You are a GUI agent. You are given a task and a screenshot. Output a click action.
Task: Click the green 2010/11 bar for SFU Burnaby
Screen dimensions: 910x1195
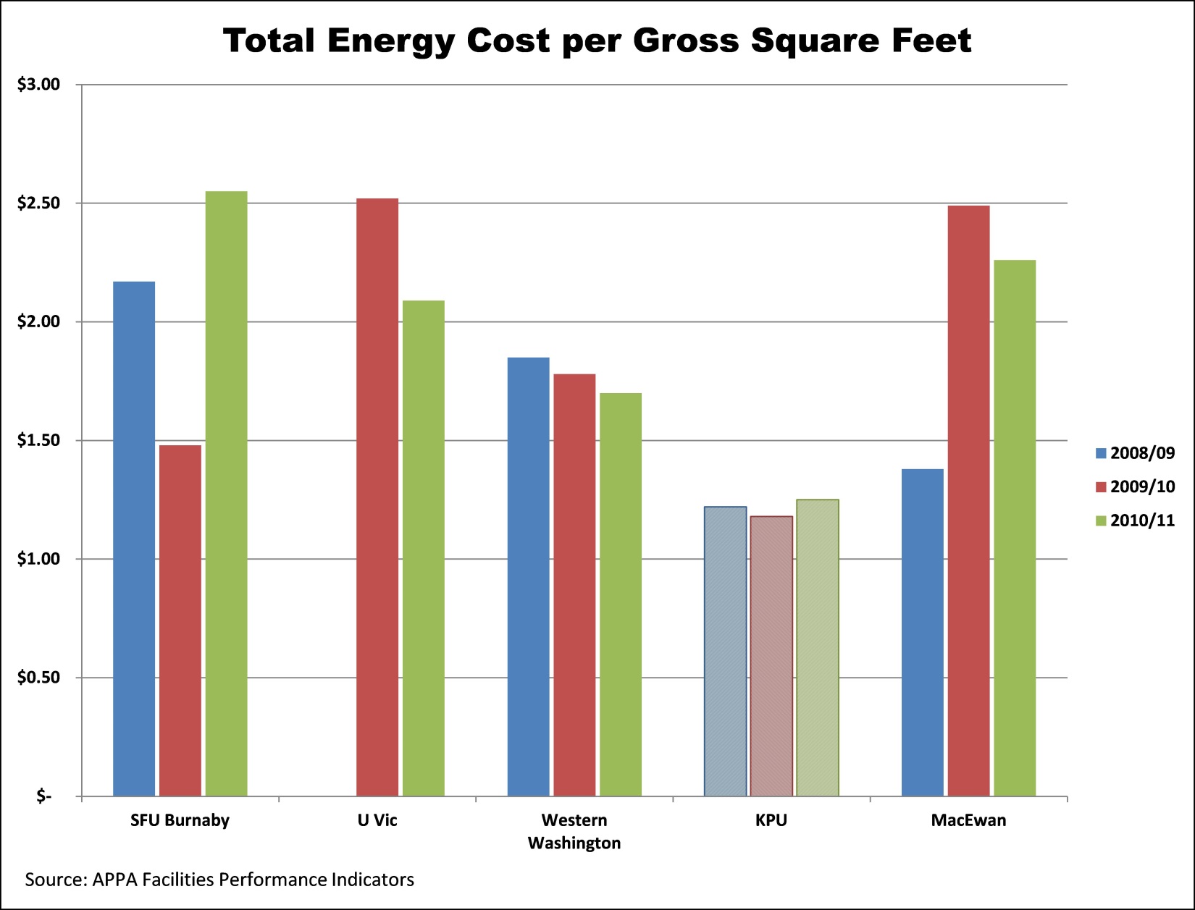[226, 494]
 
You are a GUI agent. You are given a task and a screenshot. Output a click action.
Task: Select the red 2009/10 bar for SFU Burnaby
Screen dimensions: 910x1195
[180, 620]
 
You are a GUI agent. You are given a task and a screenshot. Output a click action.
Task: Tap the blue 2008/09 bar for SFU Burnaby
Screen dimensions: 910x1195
[134, 539]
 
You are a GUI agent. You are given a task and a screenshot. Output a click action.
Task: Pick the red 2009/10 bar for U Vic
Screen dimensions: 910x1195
[377, 497]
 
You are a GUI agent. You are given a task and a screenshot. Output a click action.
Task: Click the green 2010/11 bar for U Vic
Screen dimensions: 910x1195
[424, 548]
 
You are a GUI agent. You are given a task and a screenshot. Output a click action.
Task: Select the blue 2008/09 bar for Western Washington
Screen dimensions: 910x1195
[528, 577]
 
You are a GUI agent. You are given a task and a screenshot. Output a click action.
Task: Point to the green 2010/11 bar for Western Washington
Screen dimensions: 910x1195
[621, 594]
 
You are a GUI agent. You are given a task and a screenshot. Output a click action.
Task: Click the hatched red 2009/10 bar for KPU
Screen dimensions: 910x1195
[771, 656]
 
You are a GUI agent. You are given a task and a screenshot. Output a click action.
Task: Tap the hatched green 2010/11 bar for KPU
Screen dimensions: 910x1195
[818, 648]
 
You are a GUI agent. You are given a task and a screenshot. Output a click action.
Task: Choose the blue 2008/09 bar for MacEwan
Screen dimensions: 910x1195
[922, 633]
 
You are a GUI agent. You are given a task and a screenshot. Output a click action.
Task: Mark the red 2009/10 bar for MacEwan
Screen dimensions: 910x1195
[968, 501]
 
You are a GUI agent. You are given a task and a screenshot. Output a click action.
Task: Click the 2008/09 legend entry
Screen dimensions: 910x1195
[1135, 453]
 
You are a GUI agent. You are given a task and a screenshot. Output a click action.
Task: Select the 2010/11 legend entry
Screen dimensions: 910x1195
[1135, 521]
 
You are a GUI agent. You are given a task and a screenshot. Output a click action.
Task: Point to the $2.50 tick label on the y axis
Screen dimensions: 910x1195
[38, 203]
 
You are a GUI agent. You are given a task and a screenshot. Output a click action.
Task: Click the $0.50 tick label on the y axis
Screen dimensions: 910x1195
[38, 678]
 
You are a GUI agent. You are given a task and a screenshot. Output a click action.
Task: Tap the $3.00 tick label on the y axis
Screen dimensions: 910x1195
[38, 85]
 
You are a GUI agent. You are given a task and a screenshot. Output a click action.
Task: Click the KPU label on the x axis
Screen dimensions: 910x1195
[771, 820]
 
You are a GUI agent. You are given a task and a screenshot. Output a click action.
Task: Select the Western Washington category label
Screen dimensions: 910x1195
[574, 831]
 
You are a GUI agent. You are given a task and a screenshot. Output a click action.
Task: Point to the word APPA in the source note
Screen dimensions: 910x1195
[115, 880]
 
